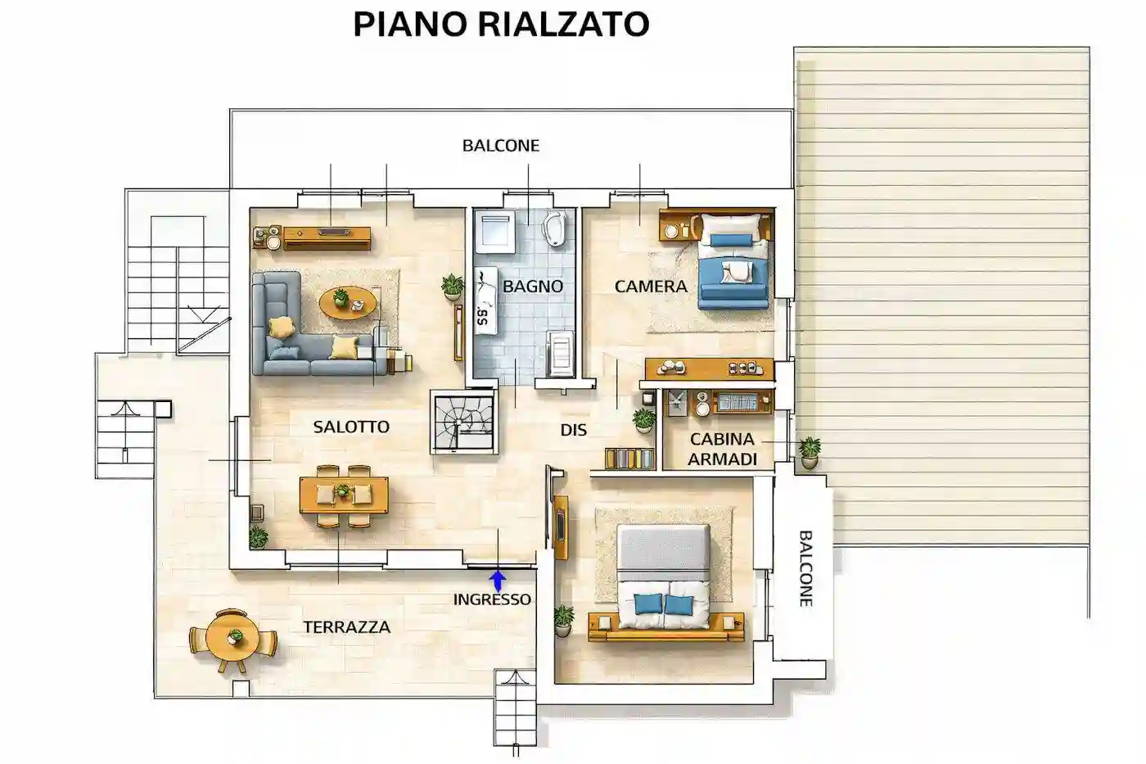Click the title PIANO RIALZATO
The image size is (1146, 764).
[x=501, y=25]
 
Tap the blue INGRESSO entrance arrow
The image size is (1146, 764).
[x=497, y=581]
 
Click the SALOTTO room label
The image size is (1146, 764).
[x=351, y=427]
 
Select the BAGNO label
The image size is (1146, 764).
[x=533, y=287]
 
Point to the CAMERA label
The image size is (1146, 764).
[x=651, y=287]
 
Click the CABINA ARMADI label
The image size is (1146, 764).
[x=722, y=449]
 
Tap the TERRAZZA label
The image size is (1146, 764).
[x=346, y=627]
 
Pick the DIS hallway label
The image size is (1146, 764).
[x=573, y=430]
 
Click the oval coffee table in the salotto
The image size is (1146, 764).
[x=348, y=304]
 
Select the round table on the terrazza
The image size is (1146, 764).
[x=233, y=640]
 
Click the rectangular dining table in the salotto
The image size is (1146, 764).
[x=344, y=494]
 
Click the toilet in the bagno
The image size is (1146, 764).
[x=555, y=228]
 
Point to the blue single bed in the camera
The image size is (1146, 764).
[x=733, y=262]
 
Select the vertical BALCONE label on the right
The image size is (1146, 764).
[x=805, y=568]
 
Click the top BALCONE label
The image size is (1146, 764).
[x=501, y=146]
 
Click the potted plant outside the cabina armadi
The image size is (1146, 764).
[x=810, y=451]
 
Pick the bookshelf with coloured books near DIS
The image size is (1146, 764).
[x=629, y=459]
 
